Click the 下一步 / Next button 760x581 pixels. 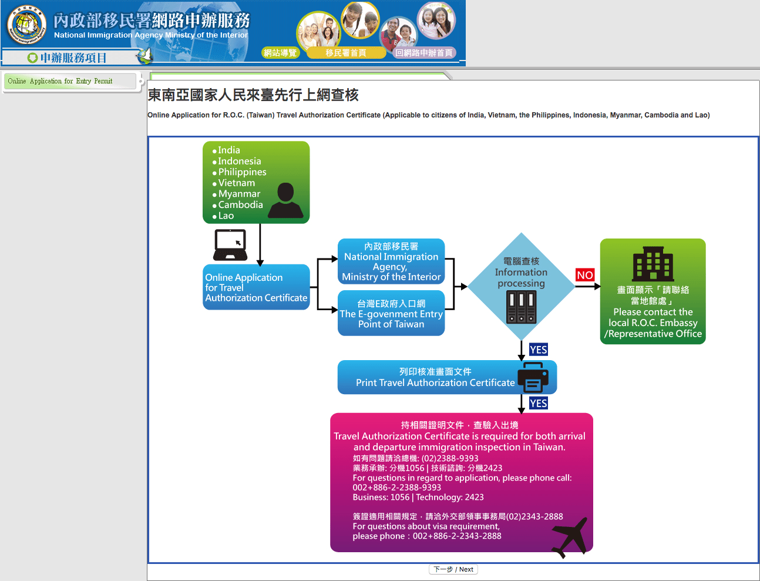[x=453, y=569]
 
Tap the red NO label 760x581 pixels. [x=585, y=276]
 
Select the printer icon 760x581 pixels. [x=533, y=377]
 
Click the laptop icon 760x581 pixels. [x=230, y=245]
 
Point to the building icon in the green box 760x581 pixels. [x=653, y=264]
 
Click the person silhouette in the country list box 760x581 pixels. [x=285, y=200]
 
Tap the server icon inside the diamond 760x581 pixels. [x=521, y=307]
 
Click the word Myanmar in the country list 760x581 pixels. [x=239, y=194]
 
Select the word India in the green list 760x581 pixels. [x=229, y=150]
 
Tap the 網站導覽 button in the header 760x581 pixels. [x=280, y=53]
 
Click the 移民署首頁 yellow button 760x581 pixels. [x=346, y=53]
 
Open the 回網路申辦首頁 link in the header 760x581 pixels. [x=424, y=53]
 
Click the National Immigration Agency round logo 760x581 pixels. [x=26, y=25]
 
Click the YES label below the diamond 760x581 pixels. [x=539, y=350]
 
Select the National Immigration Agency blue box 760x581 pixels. [x=391, y=261]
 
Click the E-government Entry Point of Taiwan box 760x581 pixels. [x=391, y=313]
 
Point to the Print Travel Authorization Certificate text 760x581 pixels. [x=435, y=382]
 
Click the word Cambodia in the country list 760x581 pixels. [x=241, y=204]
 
